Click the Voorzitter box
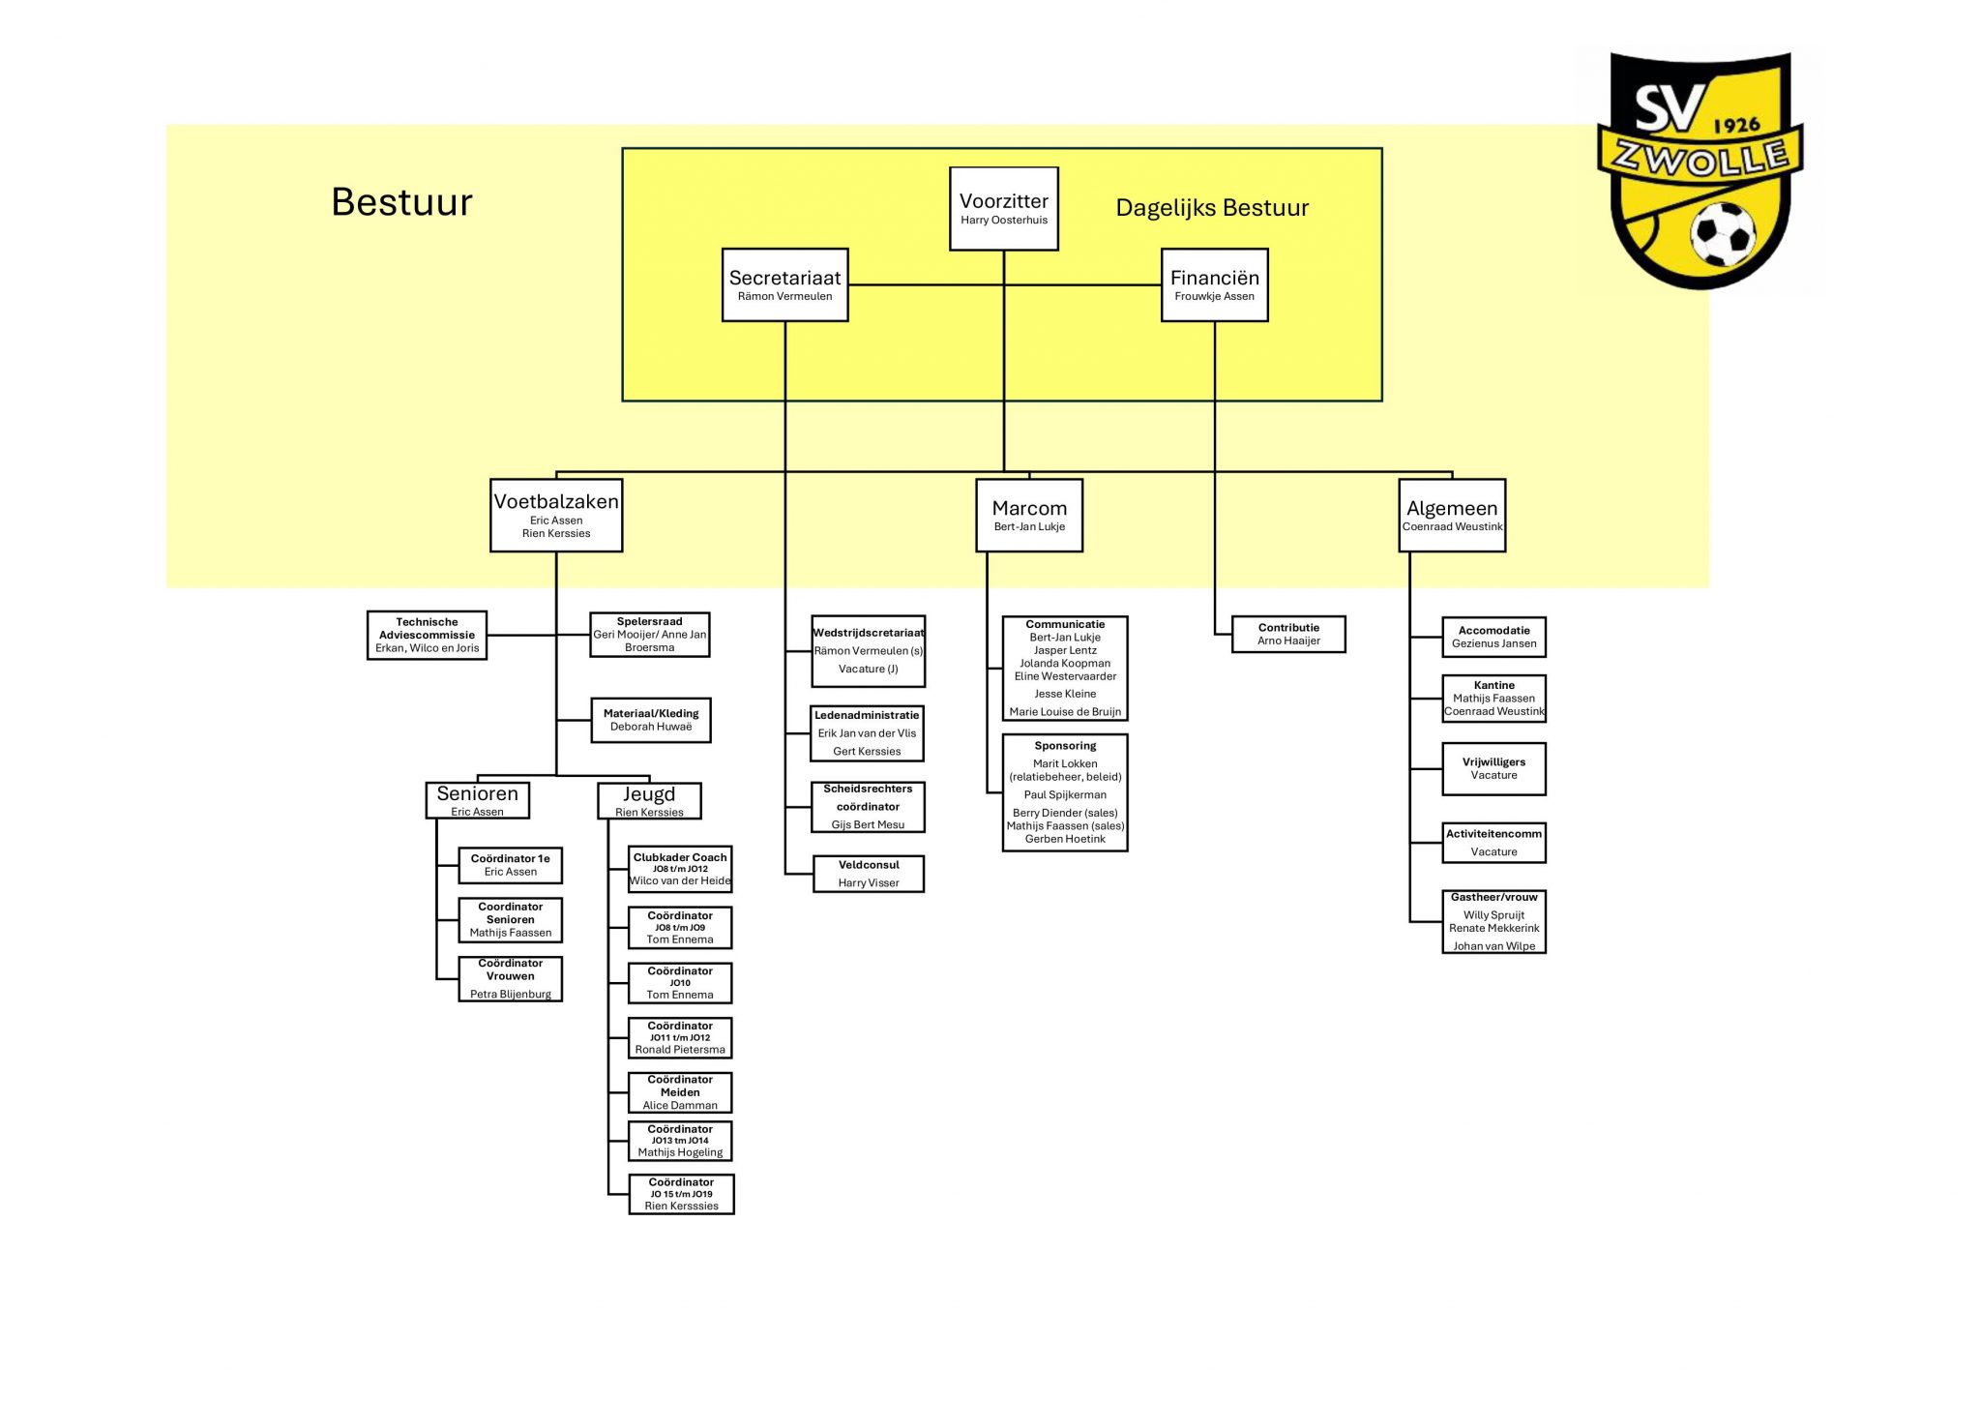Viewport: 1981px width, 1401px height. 1003,208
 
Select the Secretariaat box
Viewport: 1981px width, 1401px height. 784,284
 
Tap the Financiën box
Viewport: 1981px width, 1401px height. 1214,284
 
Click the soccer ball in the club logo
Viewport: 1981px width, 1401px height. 1722,233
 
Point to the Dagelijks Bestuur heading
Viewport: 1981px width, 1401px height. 1211,208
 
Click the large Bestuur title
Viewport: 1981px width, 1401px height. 401,202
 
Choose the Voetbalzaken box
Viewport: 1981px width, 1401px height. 556,515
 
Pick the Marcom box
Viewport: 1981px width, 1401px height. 1029,515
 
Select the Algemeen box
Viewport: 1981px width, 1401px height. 1452,515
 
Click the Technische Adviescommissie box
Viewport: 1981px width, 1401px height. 427,635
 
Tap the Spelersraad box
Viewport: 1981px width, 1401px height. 649,635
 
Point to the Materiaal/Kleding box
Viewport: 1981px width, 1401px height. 651,720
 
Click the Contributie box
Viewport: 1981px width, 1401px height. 1288,634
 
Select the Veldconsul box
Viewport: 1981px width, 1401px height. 869,874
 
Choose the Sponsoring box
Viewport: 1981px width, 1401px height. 1065,792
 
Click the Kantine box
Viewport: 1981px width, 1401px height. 1493,699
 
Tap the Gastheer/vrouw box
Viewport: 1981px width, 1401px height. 1493,921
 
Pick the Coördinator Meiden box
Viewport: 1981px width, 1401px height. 680,1092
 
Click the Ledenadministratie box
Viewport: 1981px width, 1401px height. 867,733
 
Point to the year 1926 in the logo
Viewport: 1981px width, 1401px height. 1736,125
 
